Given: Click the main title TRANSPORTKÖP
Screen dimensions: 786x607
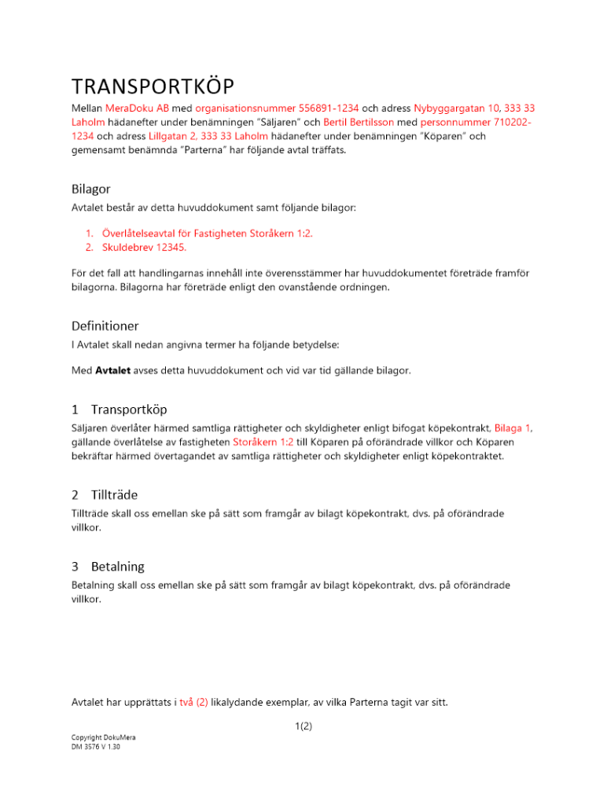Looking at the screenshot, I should point(153,86).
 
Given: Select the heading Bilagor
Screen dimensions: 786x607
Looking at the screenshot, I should point(90,189).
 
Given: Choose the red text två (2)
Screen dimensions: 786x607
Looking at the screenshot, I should point(193,702).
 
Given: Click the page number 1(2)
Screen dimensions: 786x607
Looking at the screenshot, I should point(303,726).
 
